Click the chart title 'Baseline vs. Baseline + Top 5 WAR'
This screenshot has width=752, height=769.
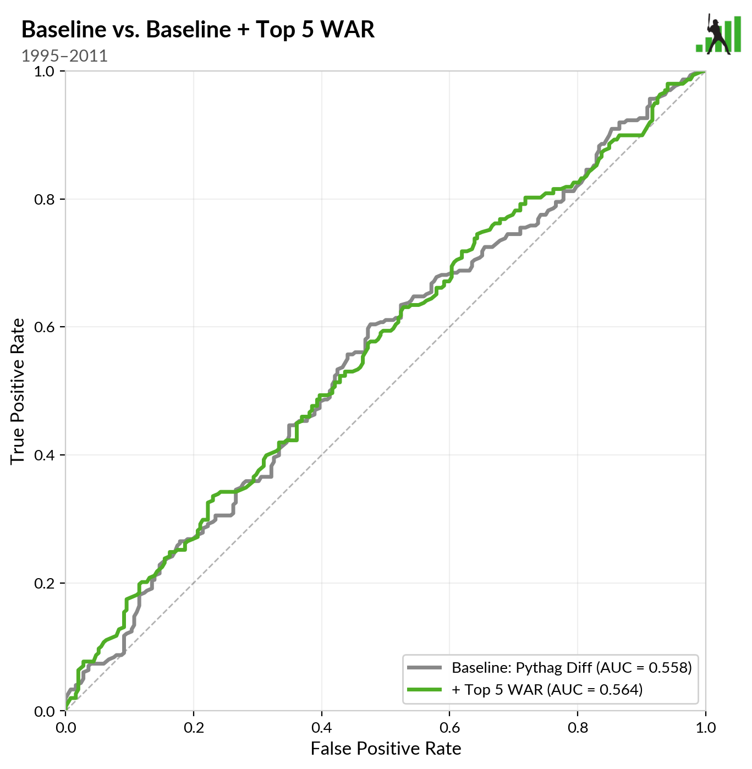198,30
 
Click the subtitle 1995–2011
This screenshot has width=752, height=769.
64,56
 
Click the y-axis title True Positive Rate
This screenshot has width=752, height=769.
18,391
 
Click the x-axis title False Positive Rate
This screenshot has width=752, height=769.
386,749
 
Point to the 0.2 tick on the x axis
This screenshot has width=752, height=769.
194,728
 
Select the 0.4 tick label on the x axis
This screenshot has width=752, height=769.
321,728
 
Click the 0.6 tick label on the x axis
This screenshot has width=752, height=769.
449,728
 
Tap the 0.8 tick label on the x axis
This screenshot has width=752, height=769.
578,728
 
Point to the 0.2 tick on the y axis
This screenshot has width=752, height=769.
46,583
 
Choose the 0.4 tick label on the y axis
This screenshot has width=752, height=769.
46,455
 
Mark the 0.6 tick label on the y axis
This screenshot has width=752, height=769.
46,327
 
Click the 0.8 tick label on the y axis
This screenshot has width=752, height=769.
46,199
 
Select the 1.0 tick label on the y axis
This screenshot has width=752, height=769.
46,72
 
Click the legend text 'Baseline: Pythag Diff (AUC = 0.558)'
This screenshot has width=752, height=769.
572,668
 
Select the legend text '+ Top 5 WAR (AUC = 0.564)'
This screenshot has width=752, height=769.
547,689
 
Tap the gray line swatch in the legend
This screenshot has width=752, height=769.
424,668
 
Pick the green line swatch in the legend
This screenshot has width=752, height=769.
424,689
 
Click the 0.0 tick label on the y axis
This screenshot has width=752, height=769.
46,711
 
